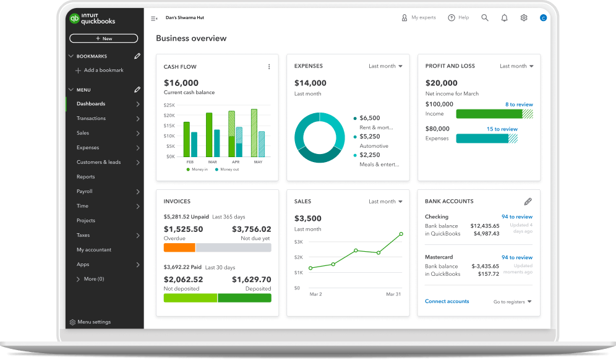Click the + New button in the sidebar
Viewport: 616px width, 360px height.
104,38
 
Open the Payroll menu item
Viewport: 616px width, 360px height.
85,191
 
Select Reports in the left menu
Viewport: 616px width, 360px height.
85,177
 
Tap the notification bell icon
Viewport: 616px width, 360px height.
505,18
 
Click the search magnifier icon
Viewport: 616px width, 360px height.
485,18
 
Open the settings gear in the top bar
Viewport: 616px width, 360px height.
524,18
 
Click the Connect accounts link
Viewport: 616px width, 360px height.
447,301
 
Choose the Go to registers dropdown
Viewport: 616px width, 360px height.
512,302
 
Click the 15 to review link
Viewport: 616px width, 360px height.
502,129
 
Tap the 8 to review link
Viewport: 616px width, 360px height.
519,105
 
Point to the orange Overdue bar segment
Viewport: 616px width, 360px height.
179,247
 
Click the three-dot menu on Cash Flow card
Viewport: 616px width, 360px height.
269,67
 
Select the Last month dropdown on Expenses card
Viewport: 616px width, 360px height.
385,66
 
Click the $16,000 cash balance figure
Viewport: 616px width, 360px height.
181,83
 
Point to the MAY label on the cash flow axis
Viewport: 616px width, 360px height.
258,162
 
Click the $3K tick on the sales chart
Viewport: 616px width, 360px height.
299,242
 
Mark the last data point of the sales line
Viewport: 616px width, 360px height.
401,234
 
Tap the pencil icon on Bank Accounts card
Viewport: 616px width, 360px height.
528,202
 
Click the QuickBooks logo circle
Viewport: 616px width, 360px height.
74,18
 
